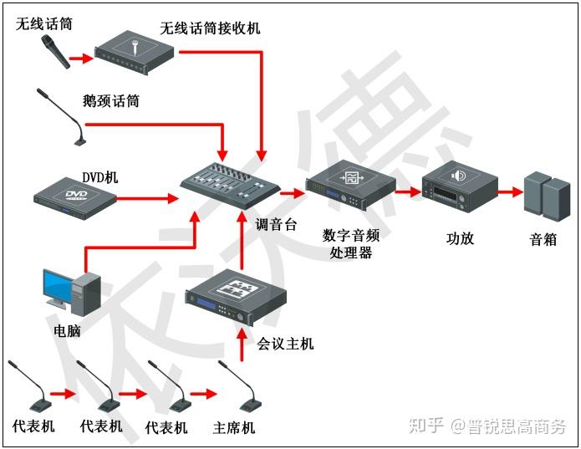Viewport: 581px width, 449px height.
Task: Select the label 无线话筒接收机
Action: pos(210,28)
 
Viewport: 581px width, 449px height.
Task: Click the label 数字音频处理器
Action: pos(350,243)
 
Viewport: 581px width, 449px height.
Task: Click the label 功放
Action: pos(460,237)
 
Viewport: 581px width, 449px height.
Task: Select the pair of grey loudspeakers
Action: pos(545,194)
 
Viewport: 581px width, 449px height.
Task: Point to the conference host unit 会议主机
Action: pos(236,298)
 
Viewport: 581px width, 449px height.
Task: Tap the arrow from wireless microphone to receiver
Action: pos(80,59)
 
